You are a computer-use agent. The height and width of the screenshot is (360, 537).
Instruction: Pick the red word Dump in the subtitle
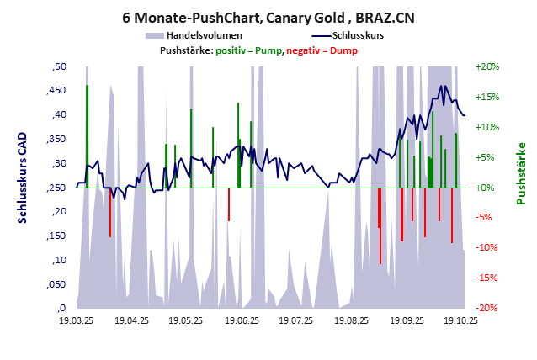[x=343, y=51]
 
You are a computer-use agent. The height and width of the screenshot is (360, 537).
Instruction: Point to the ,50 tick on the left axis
[x=60, y=66]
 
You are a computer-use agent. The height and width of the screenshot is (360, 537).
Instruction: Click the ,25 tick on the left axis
[x=60, y=188]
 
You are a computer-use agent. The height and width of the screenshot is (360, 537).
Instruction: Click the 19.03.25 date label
[x=77, y=320]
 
